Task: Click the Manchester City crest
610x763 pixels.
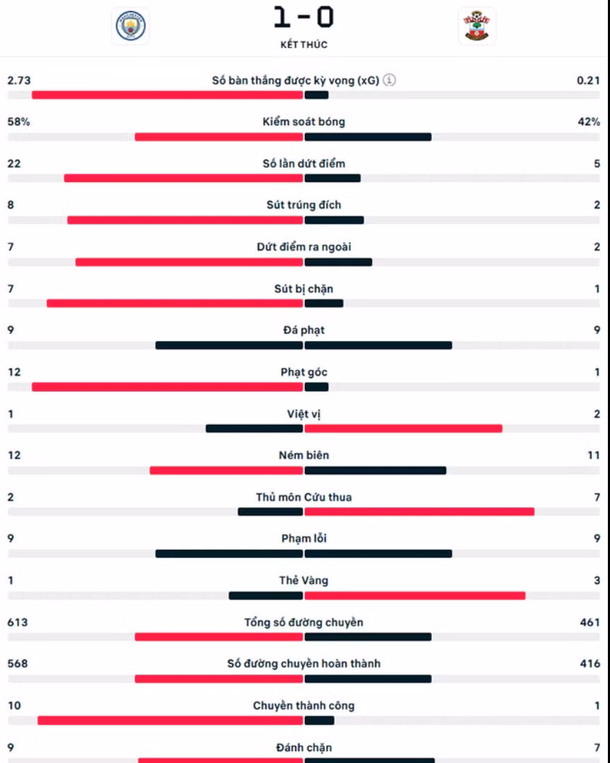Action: point(130,25)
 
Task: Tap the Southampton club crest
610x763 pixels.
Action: point(477,25)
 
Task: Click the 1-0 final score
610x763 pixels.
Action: point(304,17)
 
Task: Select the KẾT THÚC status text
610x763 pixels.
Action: point(304,45)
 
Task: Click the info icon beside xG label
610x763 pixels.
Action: point(389,80)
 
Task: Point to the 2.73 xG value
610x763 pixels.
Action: point(19,80)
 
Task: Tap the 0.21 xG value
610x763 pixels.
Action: point(588,80)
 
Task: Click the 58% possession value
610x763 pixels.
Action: point(18,122)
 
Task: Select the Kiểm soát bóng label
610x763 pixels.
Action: point(304,122)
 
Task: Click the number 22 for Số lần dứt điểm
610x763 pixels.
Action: point(14,163)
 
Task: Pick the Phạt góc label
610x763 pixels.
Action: point(304,372)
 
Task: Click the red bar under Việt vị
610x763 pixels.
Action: point(403,429)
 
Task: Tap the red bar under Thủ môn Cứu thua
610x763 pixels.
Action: point(420,512)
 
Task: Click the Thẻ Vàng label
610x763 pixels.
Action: point(304,580)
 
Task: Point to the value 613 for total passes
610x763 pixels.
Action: point(18,622)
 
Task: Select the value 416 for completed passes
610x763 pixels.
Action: point(590,664)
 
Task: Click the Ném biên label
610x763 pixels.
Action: point(304,456)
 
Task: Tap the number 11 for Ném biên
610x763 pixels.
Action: point(594,456)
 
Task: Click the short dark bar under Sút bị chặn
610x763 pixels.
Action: point(324,304)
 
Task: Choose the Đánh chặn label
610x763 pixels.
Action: point(304,747)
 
